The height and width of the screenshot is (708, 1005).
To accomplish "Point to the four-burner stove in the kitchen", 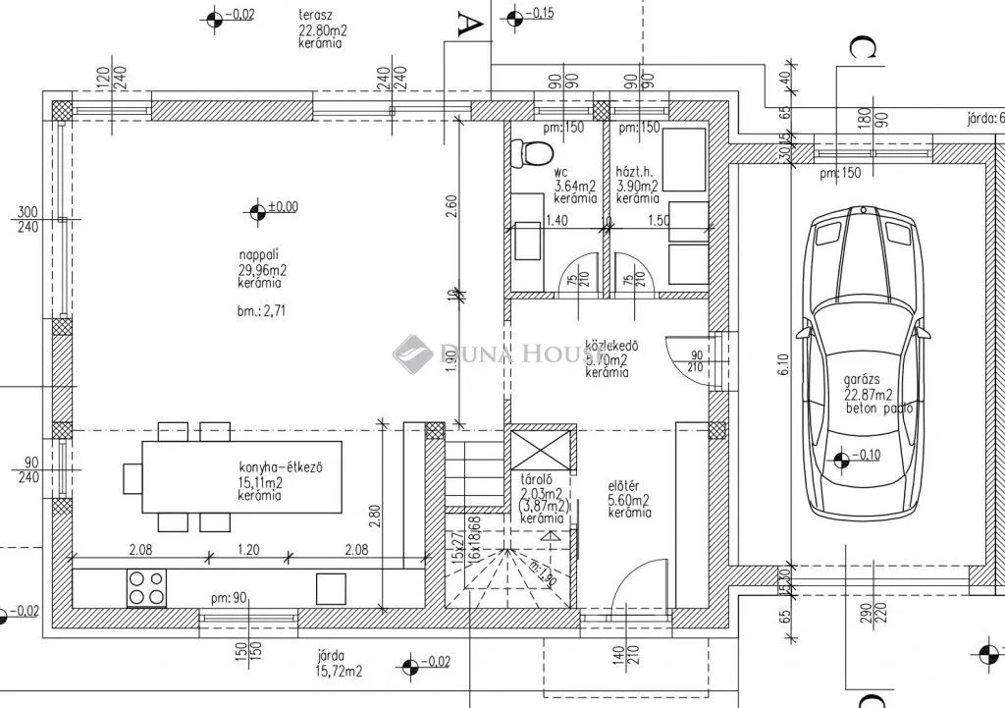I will (x=147, y=587).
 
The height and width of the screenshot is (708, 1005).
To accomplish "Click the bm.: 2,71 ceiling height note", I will (x=261, y=311).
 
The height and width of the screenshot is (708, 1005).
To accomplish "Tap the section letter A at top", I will (x=470, y=23).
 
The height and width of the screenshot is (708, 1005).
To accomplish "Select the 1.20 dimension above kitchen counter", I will (x=247, y=551).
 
